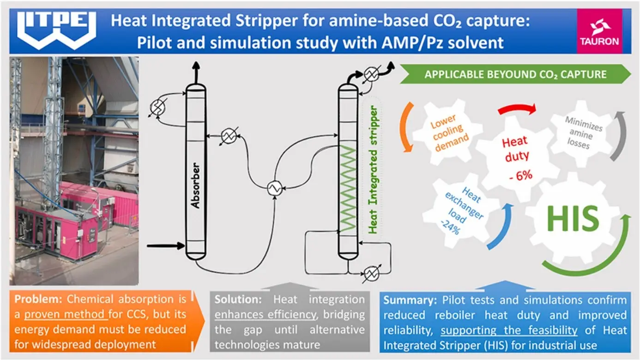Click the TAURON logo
[598, 31]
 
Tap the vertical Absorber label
[195, 185]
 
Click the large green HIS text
[573, 218]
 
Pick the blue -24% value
[450, 228]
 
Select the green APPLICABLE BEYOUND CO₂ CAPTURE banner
[515, 74]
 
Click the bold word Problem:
[38, 299]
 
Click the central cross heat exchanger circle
[275, 188]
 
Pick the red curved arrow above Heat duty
[517, 109]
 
